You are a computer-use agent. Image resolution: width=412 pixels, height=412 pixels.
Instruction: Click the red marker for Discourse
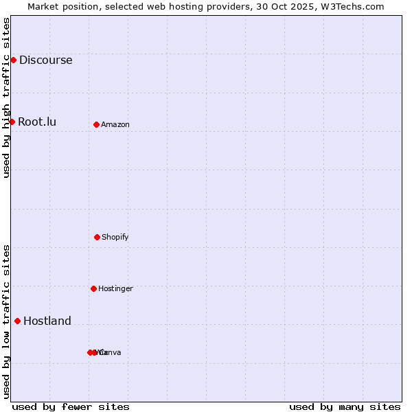click(13, 60)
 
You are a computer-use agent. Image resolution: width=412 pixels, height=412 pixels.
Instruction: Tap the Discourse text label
click(45, 60)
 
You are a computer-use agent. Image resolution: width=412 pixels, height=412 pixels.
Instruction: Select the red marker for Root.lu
click(12, 122)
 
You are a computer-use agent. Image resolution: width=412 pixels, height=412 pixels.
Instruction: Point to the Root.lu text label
click(37, 122)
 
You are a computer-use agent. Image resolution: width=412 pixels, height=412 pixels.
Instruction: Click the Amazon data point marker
click(96, 124)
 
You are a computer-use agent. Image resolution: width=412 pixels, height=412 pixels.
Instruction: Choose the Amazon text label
click(115, 124)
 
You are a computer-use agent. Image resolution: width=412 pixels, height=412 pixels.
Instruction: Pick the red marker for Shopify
click(97, 237)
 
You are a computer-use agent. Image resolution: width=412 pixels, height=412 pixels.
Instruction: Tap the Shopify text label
click(115, 237)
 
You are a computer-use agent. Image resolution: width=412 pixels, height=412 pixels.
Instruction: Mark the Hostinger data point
click(93, 288)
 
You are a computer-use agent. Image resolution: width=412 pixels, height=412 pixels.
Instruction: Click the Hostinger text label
click(115, 288)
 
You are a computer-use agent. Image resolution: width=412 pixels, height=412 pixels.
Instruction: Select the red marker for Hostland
click(17, 321)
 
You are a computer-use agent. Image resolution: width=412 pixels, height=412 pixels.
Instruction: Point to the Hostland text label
click(47, 321)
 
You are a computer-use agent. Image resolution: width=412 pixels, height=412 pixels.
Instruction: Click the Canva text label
click(111, 352)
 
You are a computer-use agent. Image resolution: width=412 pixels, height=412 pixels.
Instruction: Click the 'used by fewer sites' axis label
click(71, 407)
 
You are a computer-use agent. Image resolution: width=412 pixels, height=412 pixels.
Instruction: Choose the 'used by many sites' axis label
click(345, 407)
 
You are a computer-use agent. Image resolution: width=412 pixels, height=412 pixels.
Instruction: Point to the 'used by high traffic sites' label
click(6, 98)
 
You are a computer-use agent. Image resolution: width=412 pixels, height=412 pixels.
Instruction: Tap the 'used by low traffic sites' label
click(6, 321)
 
